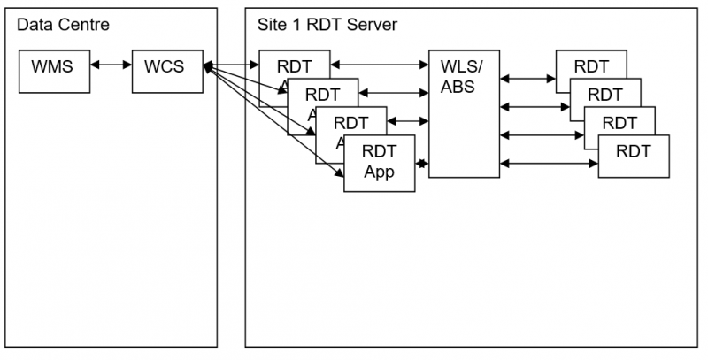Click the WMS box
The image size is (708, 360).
click(x=54, y=71)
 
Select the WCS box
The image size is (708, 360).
click(x=166, y=71)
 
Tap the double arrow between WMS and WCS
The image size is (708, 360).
click(x=111, y=66)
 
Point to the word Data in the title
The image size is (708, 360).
click(x=35, y=24)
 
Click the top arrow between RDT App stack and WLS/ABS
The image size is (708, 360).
click(x=379, y=65)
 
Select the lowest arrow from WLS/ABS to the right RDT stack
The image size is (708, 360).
click(x=549, y=163)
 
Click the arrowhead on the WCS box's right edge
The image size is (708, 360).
click(x=207, y=66)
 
